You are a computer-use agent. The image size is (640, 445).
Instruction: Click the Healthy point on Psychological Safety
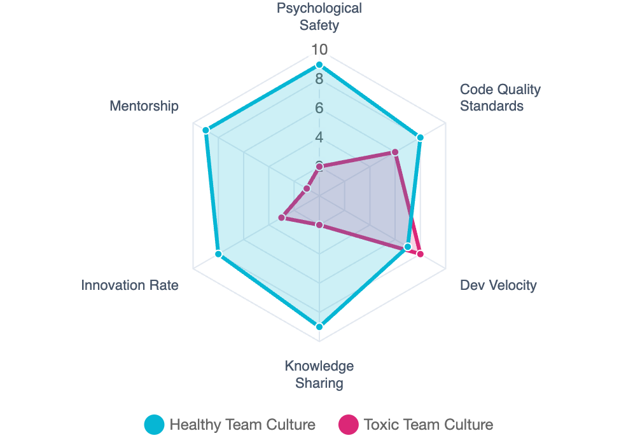[x=319, y=65]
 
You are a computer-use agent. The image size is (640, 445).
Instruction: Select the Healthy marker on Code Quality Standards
[x=420, y=137]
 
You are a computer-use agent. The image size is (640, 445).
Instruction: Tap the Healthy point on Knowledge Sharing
[x=319, y=327]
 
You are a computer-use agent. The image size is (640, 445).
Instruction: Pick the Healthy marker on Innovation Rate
[x=218, y=254]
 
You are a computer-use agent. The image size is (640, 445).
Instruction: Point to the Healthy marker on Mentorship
[x=205, y=130]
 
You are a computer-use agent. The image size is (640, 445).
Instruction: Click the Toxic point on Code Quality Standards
[x=395, y=151]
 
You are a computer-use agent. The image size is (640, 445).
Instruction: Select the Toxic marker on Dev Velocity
[x=420, y=254]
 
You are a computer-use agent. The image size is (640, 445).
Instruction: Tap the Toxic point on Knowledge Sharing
[x=319, y=225]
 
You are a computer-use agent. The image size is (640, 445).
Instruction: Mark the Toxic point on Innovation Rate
[x=281, y=218]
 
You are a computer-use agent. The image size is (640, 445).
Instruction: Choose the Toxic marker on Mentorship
[x=307, y=189]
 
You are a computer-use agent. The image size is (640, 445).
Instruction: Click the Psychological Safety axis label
[x=319, y=17]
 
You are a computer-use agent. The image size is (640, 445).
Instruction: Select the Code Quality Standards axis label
[x=500, y=97]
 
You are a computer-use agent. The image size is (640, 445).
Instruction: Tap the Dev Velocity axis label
[x=498, y=285]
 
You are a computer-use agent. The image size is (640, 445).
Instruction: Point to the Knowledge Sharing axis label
[x=319, y=374]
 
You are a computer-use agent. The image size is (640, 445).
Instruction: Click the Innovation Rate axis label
[x=130, y=285]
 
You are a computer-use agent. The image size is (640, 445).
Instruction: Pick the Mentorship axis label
[x=144, y=106]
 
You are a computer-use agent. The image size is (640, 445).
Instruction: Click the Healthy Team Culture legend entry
[x=229, y=425]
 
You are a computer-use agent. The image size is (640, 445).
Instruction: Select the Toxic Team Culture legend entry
[x=415, y=425]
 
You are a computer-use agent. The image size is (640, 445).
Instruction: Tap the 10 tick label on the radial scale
[x=319, y=50]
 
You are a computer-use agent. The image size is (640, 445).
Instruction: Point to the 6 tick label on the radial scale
[x=319, y=108]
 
